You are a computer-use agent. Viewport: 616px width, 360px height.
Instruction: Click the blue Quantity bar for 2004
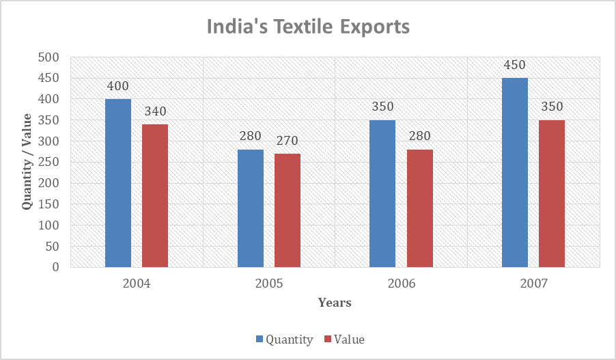[x=118, y=183]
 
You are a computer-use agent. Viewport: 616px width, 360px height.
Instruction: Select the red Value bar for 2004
[x=155, y=195]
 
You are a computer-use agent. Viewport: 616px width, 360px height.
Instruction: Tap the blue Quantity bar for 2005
[x=251, y=208]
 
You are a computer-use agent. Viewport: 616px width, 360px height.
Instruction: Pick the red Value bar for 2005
[x=288, y=210]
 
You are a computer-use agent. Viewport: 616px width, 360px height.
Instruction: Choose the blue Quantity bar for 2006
[x=382, y=193]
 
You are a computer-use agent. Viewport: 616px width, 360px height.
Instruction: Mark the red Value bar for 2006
[x=419, y=208]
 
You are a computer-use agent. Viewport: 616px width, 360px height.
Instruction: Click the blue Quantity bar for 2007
[x=515, y=172]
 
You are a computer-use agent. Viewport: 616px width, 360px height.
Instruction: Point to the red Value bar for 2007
[x=552, y=193]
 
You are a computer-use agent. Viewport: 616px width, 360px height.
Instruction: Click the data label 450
[x=515, y=66]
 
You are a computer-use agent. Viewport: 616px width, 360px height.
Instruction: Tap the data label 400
[x=118, y=87]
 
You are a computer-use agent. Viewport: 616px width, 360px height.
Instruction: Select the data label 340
[x=155, y=112]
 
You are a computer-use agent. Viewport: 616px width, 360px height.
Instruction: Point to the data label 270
[x=288, y=141]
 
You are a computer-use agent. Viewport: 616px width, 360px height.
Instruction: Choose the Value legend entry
[x=344, y=340]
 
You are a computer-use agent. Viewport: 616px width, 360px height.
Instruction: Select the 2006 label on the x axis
[x=401, y=283]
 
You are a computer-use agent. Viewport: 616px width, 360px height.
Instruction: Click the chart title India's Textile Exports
[x=308, y=27]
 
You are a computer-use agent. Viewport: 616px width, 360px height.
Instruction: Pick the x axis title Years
[x=335, y=303]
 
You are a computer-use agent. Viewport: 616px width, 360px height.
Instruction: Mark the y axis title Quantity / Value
[x=27, y=162]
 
